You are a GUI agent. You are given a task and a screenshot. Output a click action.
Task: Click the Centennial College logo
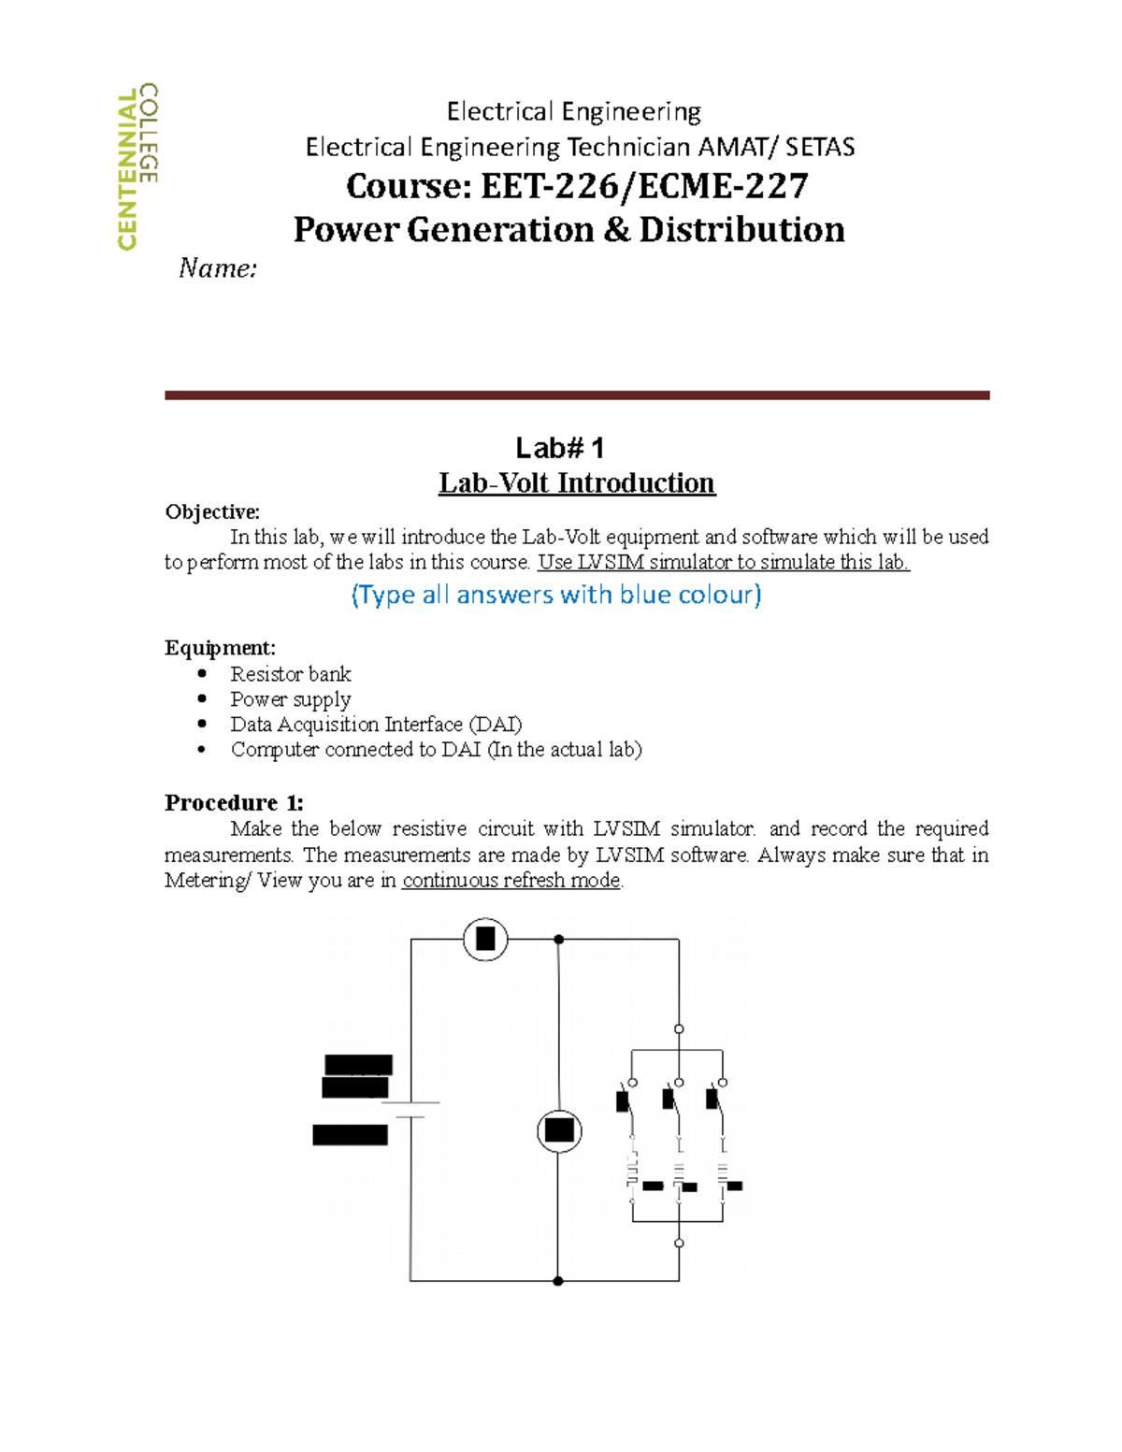137,167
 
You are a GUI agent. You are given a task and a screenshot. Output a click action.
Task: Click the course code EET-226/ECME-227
577,186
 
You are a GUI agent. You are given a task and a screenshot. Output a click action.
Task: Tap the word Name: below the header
218,269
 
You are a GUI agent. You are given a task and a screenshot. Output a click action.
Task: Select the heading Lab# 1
560,448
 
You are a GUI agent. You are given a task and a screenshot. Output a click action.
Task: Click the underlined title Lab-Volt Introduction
577,483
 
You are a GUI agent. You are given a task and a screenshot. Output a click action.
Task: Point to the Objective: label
212,512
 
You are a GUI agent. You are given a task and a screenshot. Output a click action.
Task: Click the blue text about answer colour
556,595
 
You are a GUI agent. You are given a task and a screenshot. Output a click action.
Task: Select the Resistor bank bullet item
291,674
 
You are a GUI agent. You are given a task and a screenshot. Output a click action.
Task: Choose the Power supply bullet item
291,699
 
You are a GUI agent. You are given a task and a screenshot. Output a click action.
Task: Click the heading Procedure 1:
234,803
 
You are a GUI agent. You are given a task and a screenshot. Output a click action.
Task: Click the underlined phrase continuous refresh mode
511,881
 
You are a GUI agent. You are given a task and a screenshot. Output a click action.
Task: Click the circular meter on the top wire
485,939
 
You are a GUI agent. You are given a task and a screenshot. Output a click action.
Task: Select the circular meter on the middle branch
559,1130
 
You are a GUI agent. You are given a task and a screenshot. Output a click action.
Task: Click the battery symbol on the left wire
410,1110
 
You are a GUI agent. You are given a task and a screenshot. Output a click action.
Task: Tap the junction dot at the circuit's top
558,939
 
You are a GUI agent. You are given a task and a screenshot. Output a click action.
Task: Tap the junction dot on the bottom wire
558,1281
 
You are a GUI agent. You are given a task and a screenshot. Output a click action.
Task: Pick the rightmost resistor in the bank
723,1175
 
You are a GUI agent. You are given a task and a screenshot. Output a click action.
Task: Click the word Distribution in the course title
741,230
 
